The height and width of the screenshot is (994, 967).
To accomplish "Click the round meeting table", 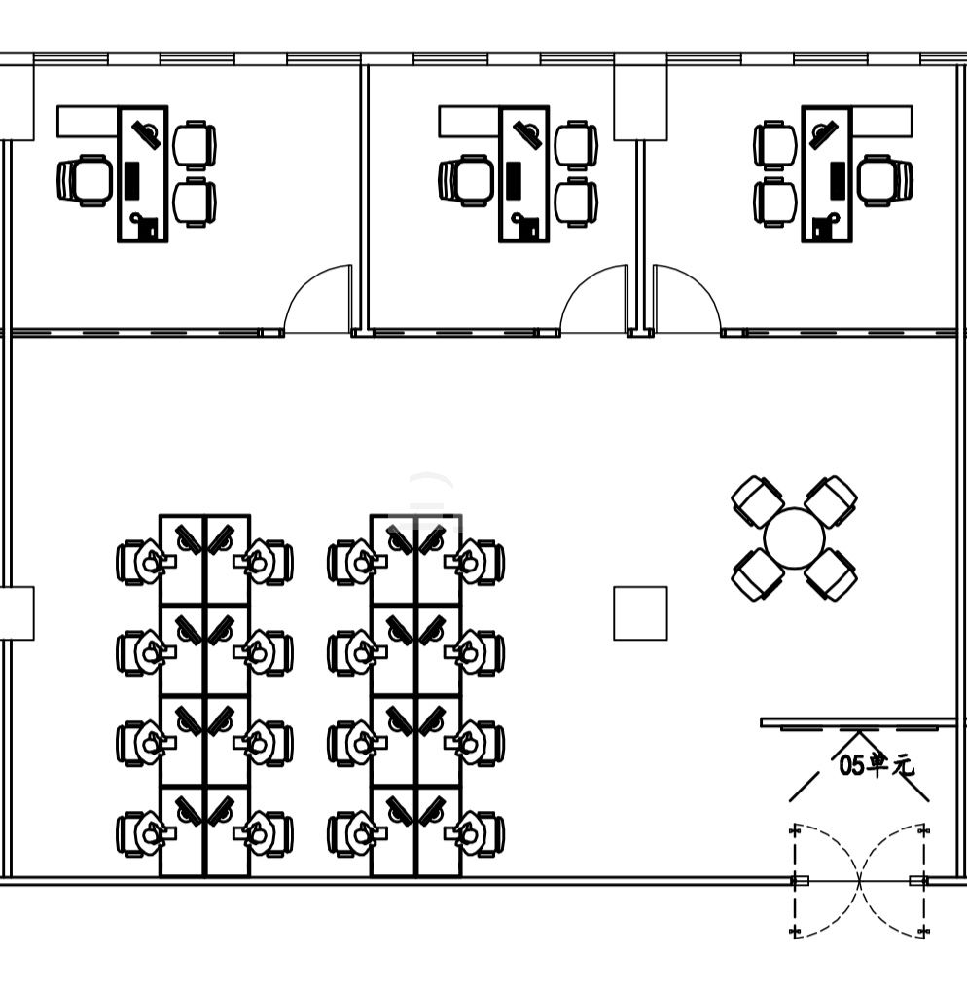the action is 794,538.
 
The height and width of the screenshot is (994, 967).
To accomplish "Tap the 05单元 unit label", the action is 877,765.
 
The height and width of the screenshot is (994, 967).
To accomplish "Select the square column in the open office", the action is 640,613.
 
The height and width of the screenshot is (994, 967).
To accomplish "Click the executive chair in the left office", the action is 85,181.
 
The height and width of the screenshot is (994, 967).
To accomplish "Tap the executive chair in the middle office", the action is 466,181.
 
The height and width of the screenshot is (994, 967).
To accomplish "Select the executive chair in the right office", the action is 885,181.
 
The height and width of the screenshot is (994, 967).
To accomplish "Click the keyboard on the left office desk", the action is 131,180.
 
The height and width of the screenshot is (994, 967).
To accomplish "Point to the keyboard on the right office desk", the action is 838,180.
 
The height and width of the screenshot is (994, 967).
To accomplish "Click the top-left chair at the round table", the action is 758,501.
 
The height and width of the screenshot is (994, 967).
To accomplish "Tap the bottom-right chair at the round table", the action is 832,574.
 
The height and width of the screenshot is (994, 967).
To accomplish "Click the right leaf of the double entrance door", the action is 894,880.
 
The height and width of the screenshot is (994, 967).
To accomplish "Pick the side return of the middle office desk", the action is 468,122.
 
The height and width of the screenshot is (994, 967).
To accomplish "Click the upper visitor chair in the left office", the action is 195,145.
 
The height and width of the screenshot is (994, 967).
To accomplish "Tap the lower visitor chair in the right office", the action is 775,202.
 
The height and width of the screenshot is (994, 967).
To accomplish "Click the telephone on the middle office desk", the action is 526,226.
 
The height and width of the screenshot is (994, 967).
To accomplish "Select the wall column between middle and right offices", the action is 640,103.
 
